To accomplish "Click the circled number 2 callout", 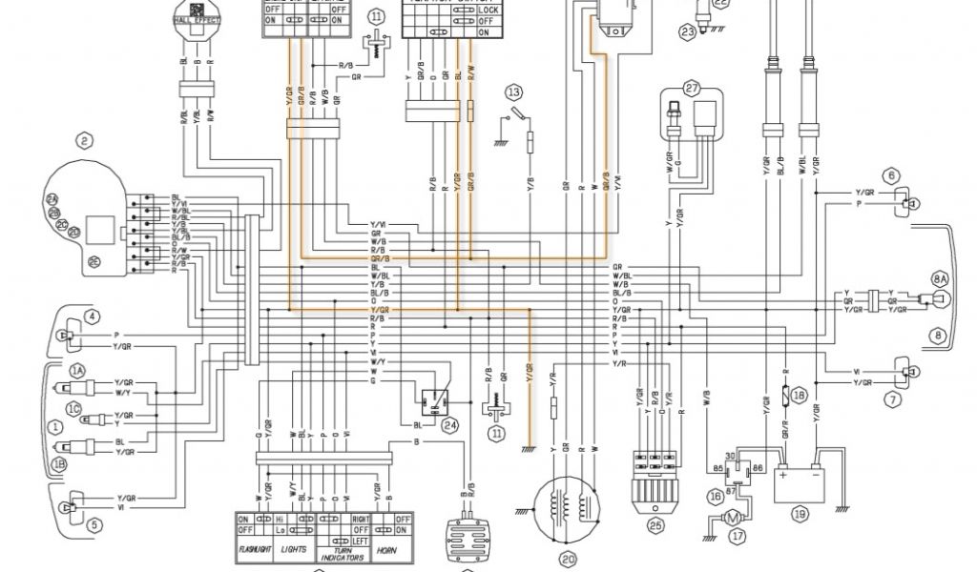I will (85, 143).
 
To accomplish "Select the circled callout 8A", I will (941, 278).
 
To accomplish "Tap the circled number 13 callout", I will (514, 92).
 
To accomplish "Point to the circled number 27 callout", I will (692, 88).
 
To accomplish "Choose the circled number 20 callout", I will (569, 560).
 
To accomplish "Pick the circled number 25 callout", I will (655, 525).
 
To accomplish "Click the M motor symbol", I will (731, 517).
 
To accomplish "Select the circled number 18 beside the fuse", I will (800, 394).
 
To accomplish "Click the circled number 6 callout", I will (892, 175).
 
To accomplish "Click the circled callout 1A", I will (76, 370).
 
